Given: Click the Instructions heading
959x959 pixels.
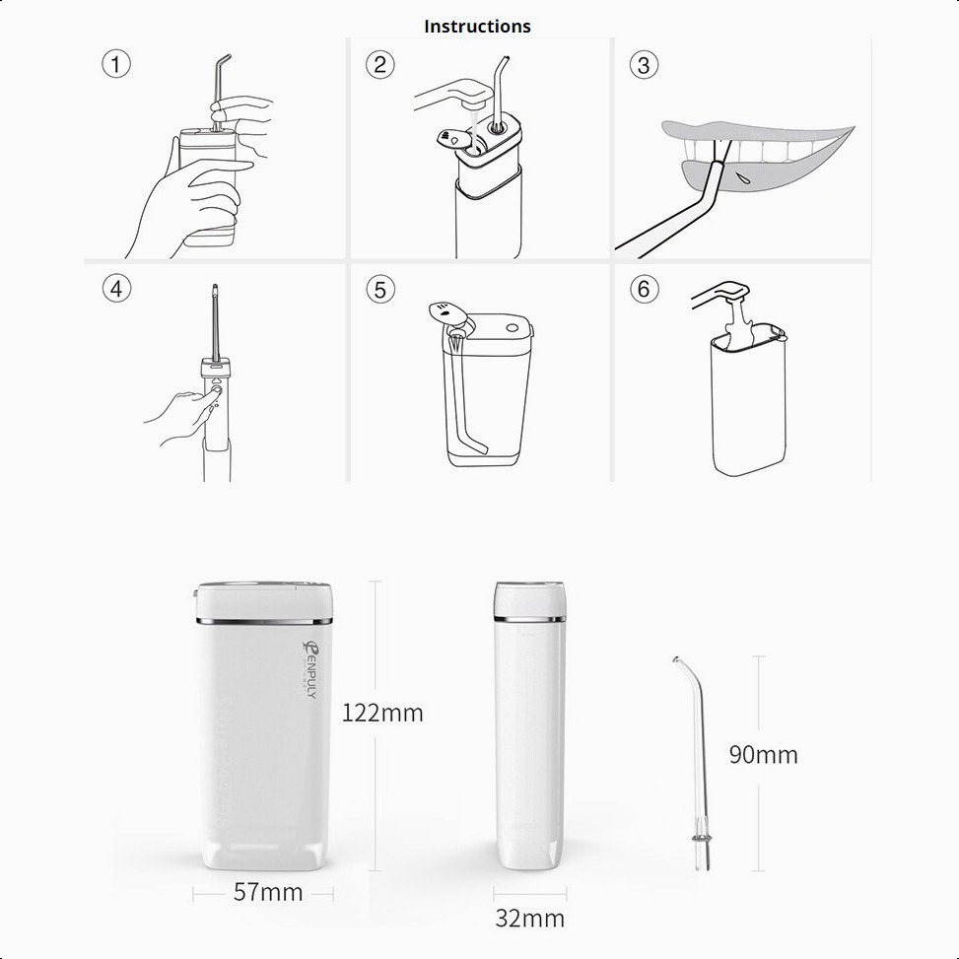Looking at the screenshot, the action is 477,27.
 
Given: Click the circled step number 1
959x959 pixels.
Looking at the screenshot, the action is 116,64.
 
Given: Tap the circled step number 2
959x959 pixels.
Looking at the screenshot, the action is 380,64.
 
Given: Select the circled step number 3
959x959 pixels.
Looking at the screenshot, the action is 644,65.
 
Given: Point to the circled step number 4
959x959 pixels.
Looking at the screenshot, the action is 117,288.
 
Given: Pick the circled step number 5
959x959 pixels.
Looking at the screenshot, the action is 380,290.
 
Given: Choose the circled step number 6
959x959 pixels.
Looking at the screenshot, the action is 644,289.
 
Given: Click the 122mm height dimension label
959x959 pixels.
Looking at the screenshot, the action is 382,714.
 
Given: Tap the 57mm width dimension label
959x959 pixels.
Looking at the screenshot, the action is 268,892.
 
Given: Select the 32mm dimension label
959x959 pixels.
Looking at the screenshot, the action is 529,919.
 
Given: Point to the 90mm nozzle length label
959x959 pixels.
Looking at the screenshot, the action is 763,755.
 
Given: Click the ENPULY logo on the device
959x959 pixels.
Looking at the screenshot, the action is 310,669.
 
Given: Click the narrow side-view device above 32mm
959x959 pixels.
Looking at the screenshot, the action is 529,725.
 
